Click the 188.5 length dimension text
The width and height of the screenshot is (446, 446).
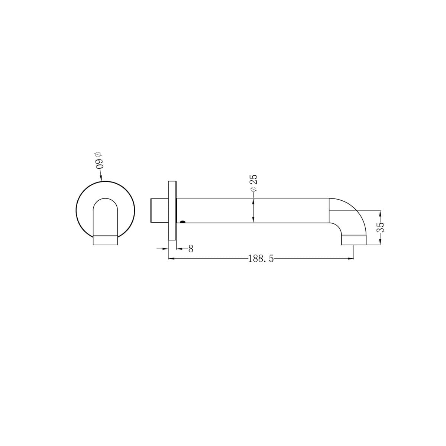point(261,259)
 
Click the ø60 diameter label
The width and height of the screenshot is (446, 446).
point(98,161)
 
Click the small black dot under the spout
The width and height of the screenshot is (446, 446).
point(182,222)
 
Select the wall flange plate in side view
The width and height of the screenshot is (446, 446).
point(172,211)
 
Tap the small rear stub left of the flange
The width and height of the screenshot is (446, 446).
point(159,211)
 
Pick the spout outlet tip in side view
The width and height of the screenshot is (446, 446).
point(354,240)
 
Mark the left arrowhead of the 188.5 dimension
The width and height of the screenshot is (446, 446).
point(171,259)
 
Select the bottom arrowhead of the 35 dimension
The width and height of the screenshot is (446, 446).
point(380,242)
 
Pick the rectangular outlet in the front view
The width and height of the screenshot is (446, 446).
point(105,240)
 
